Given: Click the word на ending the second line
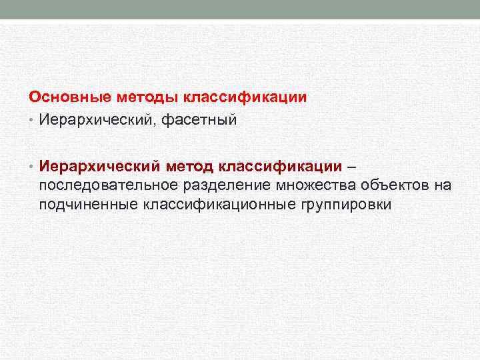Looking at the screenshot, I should tap(443, 185).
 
